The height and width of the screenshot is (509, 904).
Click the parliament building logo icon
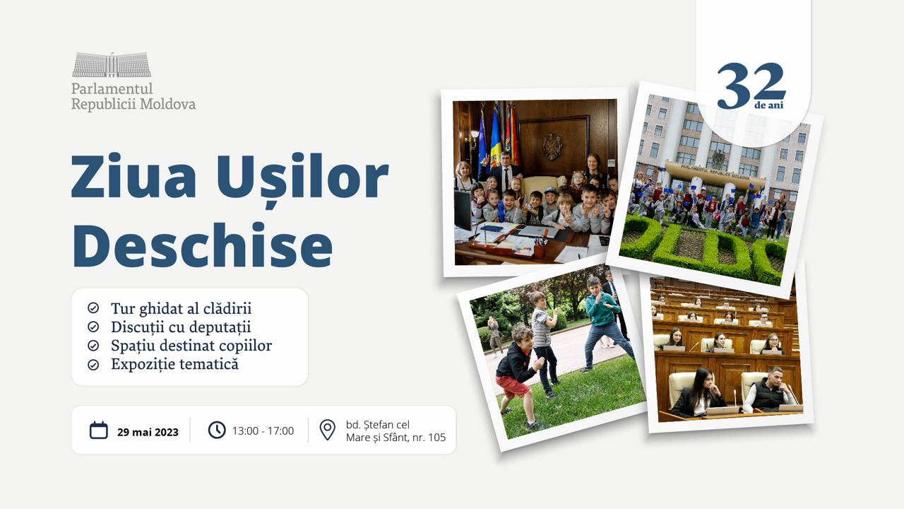tap(112, 65)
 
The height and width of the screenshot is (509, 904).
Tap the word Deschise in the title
tap(202, 244)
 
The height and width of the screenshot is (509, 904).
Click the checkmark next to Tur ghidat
tap(93, 308)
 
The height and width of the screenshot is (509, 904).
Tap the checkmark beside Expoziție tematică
tap(93, 365)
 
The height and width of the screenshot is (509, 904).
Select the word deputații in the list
tap(220, 327)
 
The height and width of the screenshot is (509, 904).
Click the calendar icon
tap(99, 430)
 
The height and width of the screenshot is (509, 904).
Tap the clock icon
tap(217, 430)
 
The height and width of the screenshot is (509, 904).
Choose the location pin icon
tap(327, 430)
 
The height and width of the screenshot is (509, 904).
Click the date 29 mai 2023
tap(148, 432)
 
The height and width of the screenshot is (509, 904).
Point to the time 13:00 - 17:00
tap(263, 431)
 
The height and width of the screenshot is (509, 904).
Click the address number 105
tap(436, 438)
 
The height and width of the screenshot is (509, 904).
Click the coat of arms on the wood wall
tap(552, 146)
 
